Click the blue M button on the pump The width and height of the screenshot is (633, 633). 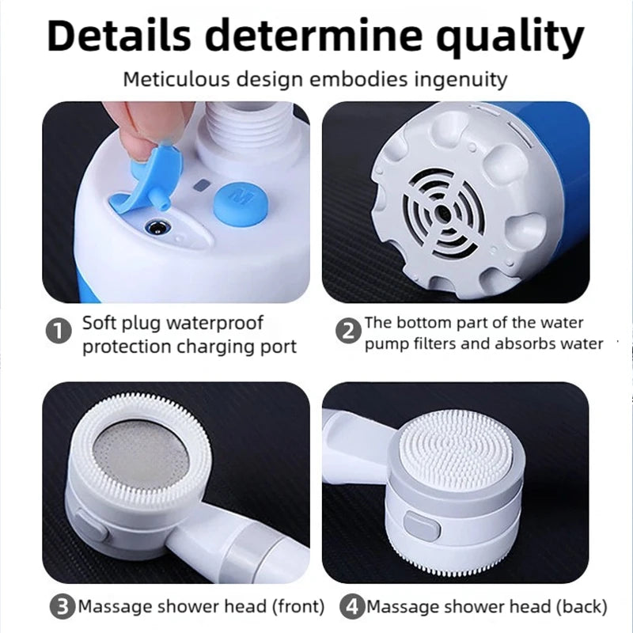tap(241, 198)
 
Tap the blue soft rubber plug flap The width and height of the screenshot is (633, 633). tap(146, 182)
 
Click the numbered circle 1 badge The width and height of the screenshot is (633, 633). tap(59, 332)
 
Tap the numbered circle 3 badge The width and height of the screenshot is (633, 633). tap(61, 608)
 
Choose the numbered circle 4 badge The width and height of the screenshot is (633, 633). tap(351, 608)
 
